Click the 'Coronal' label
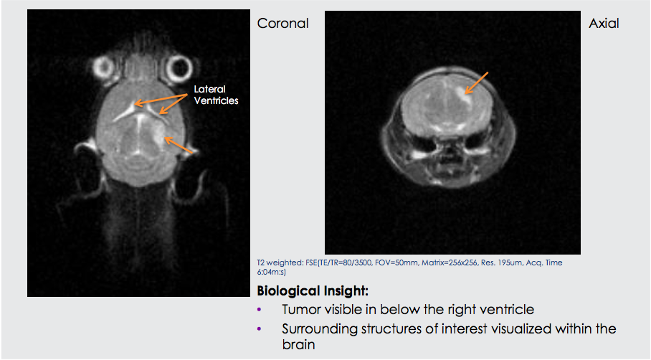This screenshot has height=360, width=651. click(282, 23)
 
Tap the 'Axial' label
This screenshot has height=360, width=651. click(604, 23)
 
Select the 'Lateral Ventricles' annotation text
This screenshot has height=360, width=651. click(216, 95)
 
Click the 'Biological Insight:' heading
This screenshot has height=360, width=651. click(313, 290)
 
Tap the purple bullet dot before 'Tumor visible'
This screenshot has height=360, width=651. click(260, 309)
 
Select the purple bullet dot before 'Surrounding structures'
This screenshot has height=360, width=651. click(260, 329)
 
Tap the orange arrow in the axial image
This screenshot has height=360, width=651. click(477, 83)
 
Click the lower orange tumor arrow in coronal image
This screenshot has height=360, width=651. click(179, 145)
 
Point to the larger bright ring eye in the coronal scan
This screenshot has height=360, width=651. click(179, 68)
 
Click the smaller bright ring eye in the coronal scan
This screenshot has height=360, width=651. click(103, 67)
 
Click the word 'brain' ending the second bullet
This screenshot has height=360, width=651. click(298, 344)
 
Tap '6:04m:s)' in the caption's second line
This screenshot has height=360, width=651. click(272, 272)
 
